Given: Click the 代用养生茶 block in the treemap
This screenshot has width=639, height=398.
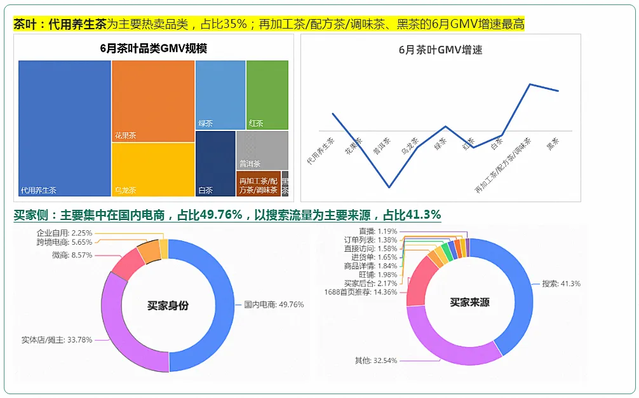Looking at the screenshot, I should pyautogui.click(x=65, y=127).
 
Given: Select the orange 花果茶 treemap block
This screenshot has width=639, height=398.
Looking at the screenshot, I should pyautogui.click(x=153, y=100).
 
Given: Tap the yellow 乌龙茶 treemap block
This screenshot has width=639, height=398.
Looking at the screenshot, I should pyautogui.click(x=153, y=168).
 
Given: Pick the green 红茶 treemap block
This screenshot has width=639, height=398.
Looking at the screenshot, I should pyautogui.click(x=267, y=94).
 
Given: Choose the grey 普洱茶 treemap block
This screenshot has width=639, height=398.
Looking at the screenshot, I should pyautogui.click(x=262, y=149).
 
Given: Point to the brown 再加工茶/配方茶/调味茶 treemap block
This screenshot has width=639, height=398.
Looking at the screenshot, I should pyautogui.click(x=259, y=184).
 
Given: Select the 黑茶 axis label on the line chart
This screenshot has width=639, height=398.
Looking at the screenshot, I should pyautogui.click(x=553, y=144).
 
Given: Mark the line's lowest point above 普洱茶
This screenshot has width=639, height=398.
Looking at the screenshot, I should pyautogui.click(x=389, y=187).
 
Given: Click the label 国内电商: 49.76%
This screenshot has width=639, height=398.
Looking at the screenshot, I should pyautogui.click(x=274, y=305).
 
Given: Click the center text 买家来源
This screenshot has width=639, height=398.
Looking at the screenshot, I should pyautogui.click(x=469, y=303).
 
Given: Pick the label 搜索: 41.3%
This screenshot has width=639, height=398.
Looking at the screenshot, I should pyautogui.click(x=561, y=284).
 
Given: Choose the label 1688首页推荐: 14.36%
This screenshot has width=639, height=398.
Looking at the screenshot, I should pyautogui.click(x=360, y=292).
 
